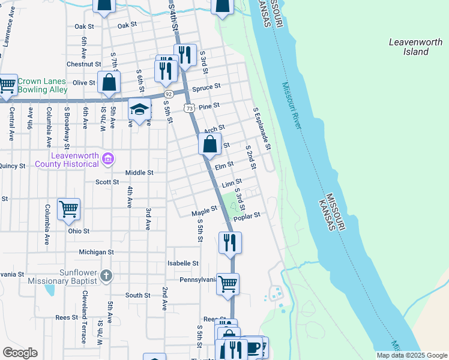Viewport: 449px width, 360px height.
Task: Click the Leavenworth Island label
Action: tap(408, 47)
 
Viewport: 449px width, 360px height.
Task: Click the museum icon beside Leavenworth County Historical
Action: tap(108, 158)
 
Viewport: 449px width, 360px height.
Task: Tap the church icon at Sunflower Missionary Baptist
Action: tap(106, 276)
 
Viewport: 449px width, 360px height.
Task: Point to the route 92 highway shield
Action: tap(169, 94)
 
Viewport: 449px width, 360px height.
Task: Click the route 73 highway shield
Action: tap(190, 108)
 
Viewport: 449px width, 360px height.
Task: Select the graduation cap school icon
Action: tap(139, 110)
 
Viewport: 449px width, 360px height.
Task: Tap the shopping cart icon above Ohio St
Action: tap(68, 209)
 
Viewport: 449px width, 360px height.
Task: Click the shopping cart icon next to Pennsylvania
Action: tap(228, 284)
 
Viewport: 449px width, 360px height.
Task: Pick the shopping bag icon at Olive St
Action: tap(109, 83)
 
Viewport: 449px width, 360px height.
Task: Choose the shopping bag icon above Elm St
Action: tap(209, 145)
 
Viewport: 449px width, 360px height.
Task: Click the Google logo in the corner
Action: tap(20, 353)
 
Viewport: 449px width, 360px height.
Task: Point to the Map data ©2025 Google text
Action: tap(411, 355)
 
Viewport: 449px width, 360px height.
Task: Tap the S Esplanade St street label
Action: tap(262, 129)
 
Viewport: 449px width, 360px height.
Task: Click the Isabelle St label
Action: tap(183, 263)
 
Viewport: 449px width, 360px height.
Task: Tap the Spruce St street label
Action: tap(206, 88)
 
